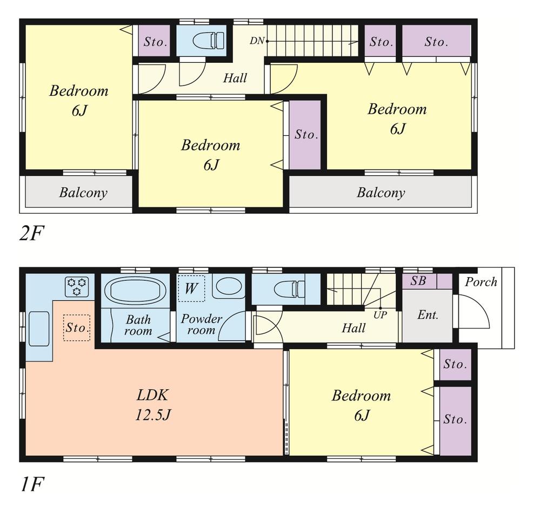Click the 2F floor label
[x=30, y=234]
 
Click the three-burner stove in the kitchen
[x=77, y=286]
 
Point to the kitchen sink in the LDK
[x=39, y=328]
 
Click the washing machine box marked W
[x=191, y=288]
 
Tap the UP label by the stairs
[x=380, y=314]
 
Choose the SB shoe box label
[x=418, y=281]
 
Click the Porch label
[x=481, y=282]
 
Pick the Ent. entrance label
[x=427, y=315]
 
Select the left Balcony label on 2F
[x=83, y=193]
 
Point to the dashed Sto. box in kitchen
[x=76, y=327]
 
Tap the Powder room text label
[x=201, y=324]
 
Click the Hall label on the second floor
[x=235, y=78]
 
